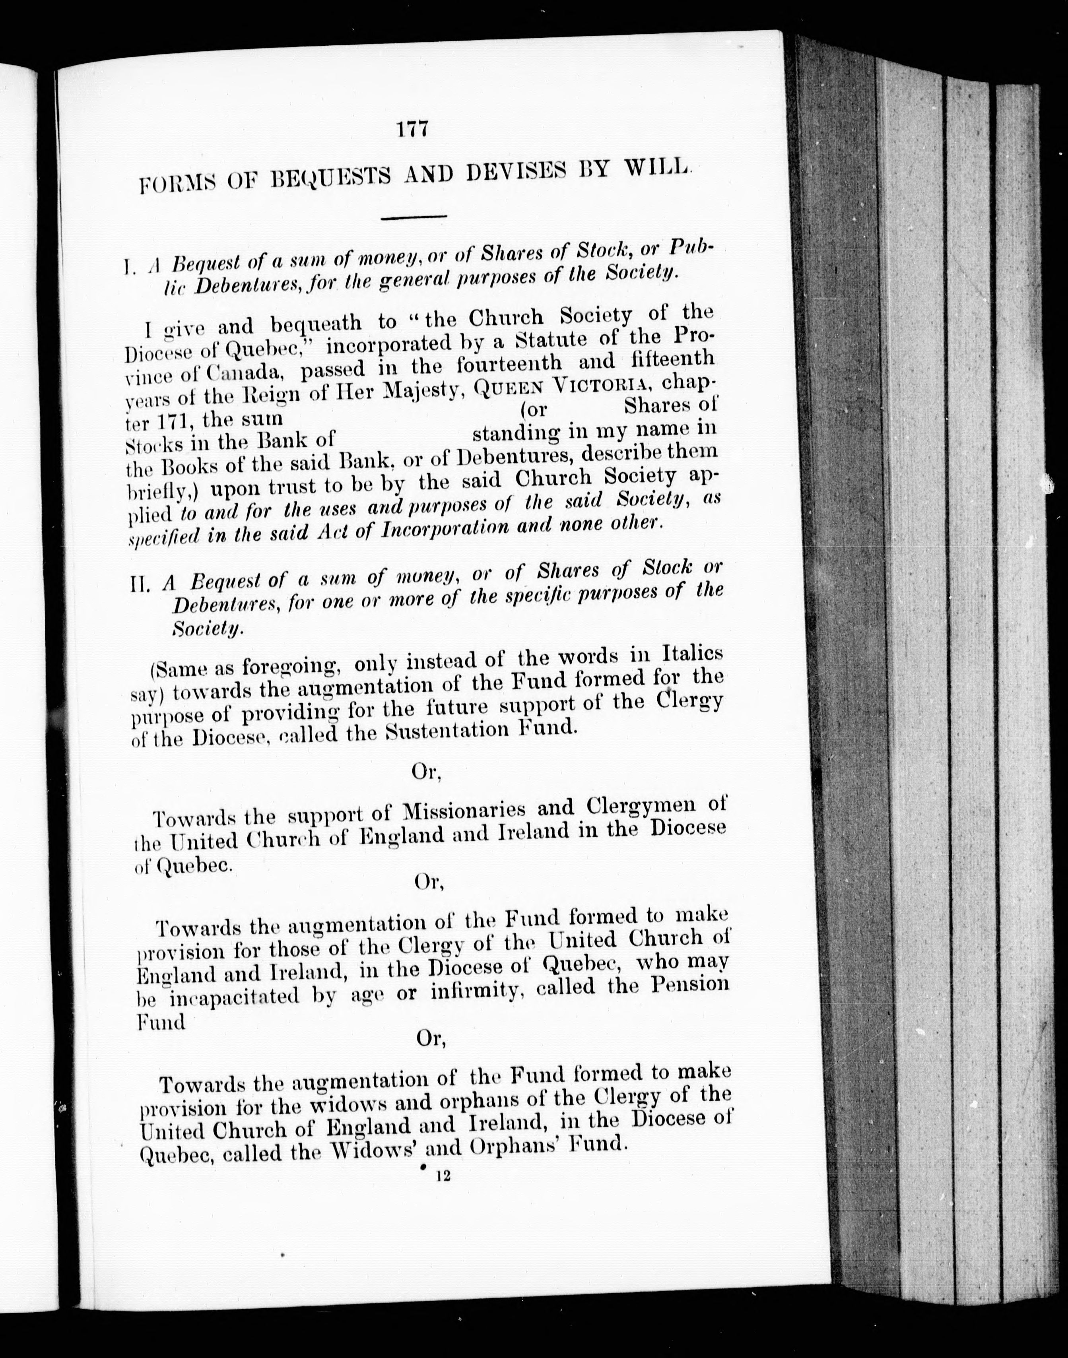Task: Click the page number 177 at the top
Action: point(412,130)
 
